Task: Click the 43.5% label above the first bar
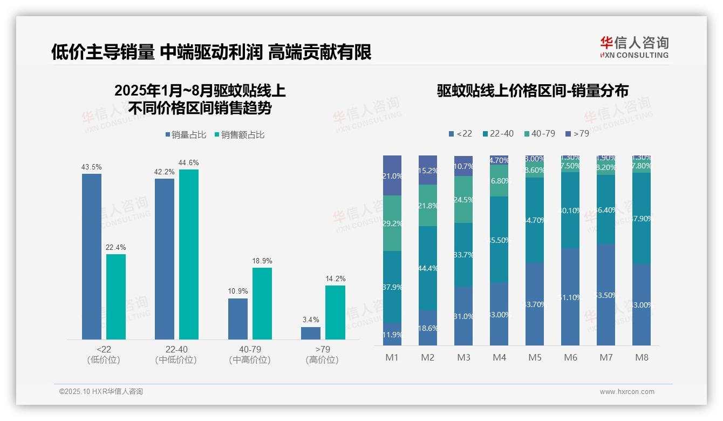91,167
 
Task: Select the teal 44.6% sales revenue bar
189,254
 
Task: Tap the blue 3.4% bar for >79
311,333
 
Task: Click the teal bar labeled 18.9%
262,303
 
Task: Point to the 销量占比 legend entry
186,135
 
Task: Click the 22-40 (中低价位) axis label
175,355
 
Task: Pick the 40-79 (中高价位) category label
249,355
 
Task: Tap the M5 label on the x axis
535,357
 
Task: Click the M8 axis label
642,357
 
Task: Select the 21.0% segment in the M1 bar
392,175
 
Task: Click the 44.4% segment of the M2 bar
428,268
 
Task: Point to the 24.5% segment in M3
463,199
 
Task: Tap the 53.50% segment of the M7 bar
606,294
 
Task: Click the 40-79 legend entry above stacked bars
540,133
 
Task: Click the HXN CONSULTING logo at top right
635,47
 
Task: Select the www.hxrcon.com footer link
627,392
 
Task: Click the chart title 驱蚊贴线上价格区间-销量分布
533,91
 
